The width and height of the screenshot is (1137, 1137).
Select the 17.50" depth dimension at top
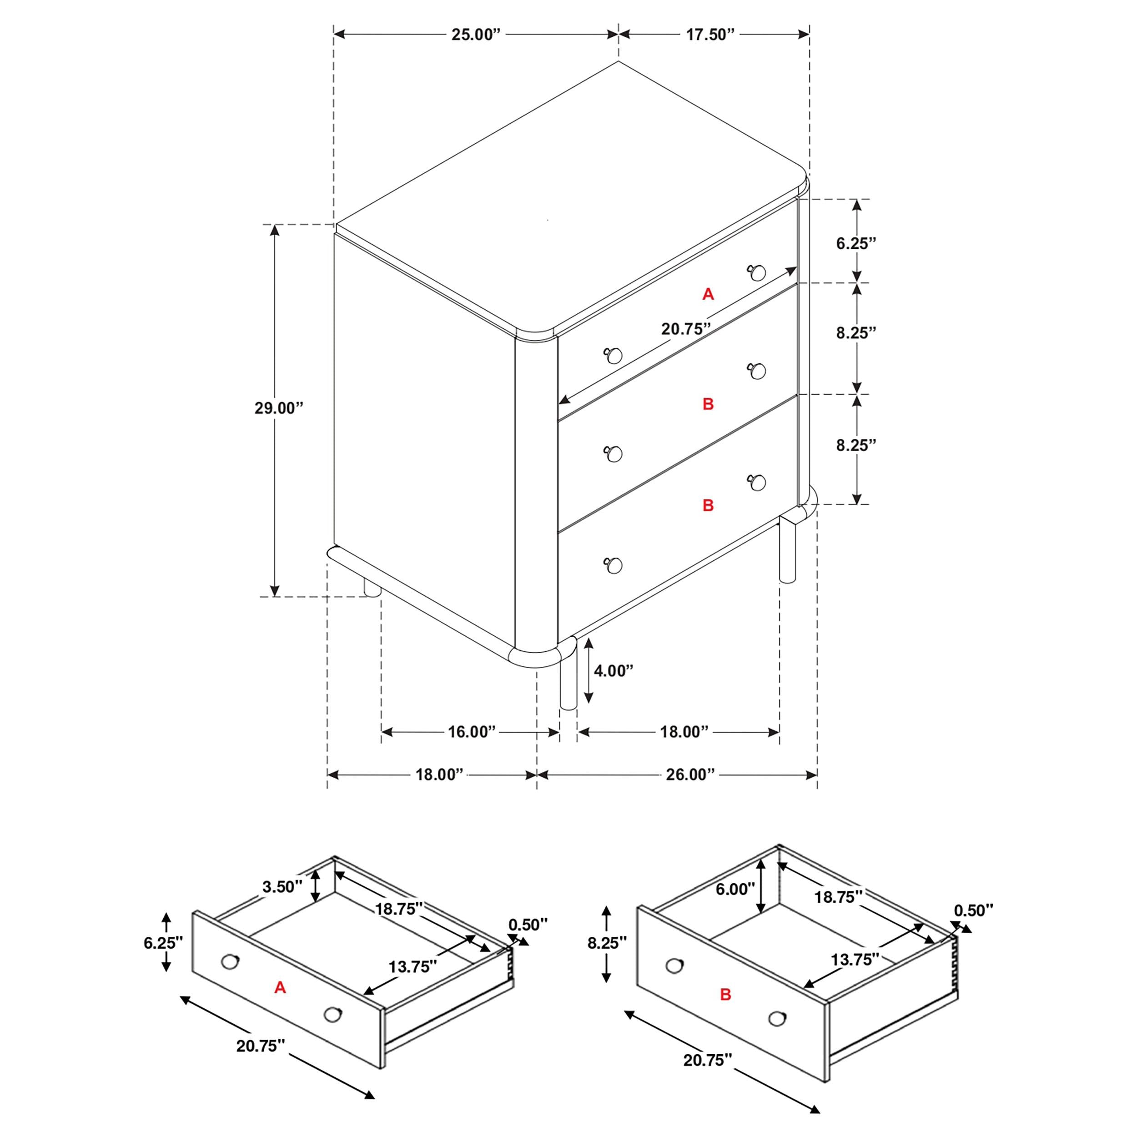(x=710, y=35)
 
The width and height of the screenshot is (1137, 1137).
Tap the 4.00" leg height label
(x=613, y=670)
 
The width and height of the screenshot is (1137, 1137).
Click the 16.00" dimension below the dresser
(x=472, y=732)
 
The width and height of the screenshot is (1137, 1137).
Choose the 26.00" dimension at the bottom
(x=690, y=775)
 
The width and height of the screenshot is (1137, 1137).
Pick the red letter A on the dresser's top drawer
(x=708, y=294)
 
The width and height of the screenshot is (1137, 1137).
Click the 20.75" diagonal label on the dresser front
(x=686, y=329)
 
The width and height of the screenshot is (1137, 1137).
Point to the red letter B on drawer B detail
(x=725, y=995)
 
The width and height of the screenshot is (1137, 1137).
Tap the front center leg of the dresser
(x=568, y=683)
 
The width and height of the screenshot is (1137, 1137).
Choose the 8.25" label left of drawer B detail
(x=607, y=943)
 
